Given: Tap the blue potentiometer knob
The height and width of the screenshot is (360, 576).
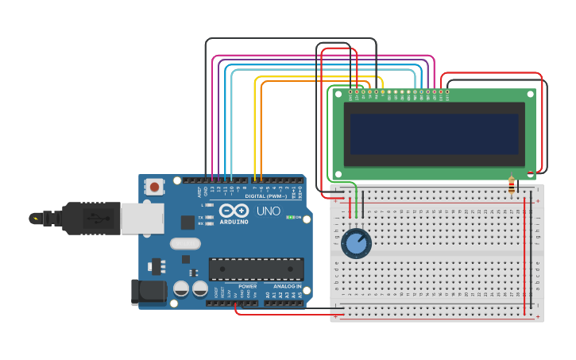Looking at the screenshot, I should [356, 244].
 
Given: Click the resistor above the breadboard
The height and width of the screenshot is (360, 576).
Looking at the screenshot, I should [511, 185].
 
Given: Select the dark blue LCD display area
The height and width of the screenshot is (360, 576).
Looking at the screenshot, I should [434, 134].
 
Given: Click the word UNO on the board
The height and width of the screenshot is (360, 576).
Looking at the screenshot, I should [268, 211].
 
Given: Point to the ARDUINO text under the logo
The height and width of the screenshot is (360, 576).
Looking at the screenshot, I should [233, 222].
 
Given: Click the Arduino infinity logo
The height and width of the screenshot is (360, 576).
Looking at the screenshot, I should [234, 211].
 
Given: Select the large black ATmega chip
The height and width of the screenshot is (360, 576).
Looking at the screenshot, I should [256, 269].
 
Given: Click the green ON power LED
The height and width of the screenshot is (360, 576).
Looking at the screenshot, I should [290, 217].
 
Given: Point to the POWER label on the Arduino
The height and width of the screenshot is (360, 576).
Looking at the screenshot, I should [247, 286].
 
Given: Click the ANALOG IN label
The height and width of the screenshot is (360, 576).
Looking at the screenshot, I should [288, 286].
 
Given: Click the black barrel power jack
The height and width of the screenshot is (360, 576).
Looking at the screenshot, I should [150, 292].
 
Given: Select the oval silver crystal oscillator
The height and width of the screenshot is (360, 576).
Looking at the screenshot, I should [185, 244].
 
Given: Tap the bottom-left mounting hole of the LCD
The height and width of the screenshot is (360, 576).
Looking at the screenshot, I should [338, 173].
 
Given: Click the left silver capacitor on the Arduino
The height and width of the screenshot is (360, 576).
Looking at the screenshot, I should [181, 289].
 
